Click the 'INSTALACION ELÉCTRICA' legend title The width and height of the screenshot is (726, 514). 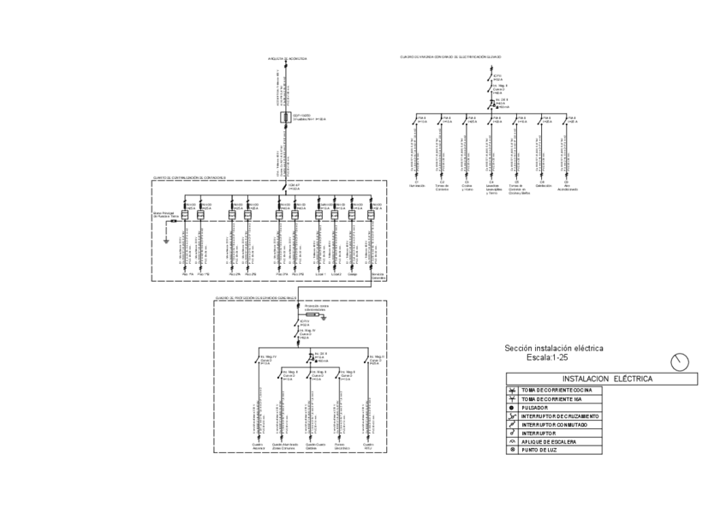click(607, 378)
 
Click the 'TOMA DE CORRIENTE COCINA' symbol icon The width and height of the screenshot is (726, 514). click(511, 391)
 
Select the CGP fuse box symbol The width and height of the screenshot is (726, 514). click(287, 117)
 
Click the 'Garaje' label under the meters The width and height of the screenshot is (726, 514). click(352, 274)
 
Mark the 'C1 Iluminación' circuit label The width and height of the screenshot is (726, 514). click(417, 185)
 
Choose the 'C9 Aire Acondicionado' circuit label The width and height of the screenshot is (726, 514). click(567, 187)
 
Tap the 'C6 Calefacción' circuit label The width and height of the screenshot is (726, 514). click(542, 185)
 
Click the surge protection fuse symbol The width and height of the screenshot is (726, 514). click(312, 315)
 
